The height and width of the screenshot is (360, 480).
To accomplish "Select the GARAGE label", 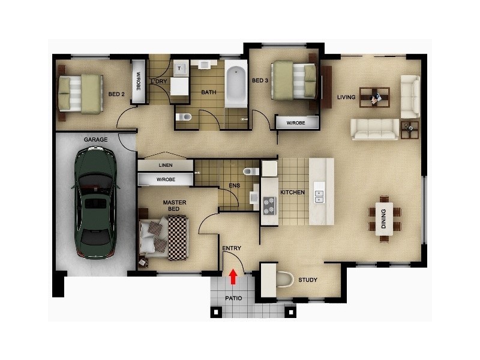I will point(95,140).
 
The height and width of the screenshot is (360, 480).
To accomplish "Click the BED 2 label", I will point(116,94).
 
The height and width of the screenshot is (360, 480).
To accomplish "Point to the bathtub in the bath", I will point(236,86).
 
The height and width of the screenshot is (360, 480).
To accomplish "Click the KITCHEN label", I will point(293,193).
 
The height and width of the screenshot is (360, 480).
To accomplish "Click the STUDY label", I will point(308,280).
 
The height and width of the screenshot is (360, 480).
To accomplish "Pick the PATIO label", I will point(233,298).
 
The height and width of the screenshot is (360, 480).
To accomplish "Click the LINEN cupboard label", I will point(166,165).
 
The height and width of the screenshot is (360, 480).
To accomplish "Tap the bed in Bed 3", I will point(294,80).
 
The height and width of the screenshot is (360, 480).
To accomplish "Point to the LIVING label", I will point(346,97).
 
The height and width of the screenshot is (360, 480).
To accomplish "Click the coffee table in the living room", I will point(374,97).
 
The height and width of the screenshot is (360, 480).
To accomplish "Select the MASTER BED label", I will point(175,206).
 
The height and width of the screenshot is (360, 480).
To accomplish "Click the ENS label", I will point(234,185).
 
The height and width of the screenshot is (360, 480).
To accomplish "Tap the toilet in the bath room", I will point(184,117).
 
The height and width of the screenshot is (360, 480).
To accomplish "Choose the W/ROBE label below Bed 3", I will point(295,123).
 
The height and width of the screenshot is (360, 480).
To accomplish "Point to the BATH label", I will point(209,92).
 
